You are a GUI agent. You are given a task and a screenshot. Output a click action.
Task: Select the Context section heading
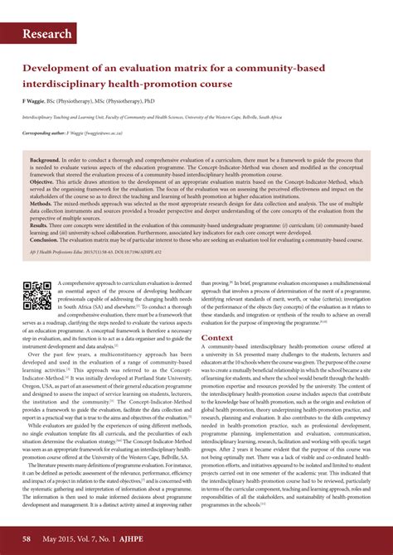[217, 338]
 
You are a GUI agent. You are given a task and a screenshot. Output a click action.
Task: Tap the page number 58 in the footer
[27, 539]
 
